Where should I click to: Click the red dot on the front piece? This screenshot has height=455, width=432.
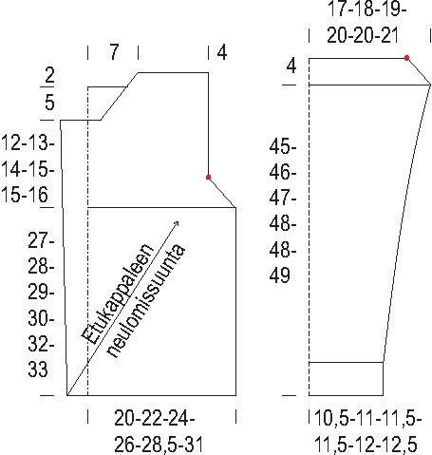click(x=208, y=177)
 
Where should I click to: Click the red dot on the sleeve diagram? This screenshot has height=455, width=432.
click(x=406, y=58)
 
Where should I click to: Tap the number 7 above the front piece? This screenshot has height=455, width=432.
click(x=114, y=52)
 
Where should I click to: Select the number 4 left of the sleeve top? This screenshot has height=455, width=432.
click(x=291, y=66)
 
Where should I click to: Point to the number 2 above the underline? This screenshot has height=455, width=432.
click(x=49, y=75)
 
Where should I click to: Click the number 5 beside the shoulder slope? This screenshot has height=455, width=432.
click(x=49, y=103)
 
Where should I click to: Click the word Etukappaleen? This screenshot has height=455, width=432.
click(x=118, y=294)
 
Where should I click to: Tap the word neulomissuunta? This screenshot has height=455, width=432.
click(x=146, y=301)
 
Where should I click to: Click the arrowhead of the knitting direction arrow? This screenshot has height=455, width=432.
click(x=177, y=223)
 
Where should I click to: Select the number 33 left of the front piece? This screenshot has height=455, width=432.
click(x=38, y=370)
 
